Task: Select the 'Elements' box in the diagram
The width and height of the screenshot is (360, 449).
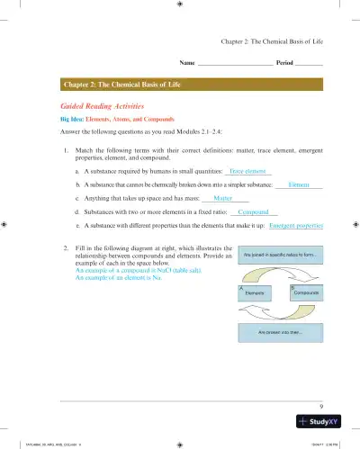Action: (x=253, y=292)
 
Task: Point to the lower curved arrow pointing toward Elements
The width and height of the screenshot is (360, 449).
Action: (x=278, y=313)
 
